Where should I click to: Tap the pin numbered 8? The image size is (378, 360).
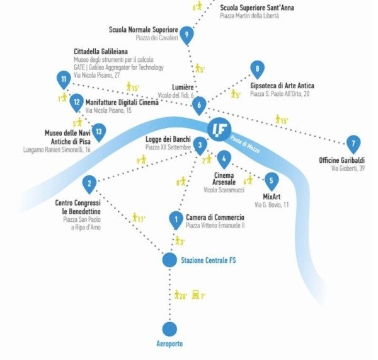click(256, 69)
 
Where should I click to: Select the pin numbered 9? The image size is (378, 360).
click(186, 34)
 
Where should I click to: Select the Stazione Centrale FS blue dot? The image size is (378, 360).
click(169, 260)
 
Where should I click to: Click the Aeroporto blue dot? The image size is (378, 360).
click(169, 328)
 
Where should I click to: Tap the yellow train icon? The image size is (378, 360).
click(196, 294)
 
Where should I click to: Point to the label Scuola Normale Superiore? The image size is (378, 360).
click(144, 30)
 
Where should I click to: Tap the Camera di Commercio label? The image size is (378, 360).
click(215, 218)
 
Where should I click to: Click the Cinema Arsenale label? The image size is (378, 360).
click(224, 178)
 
